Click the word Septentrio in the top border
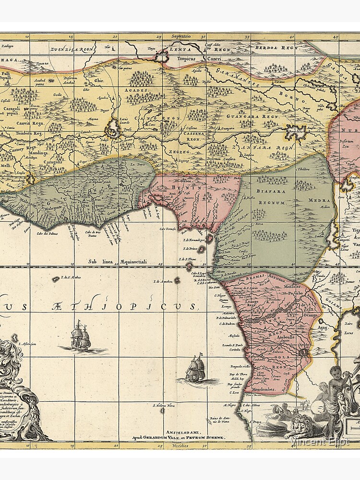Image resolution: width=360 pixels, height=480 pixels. [x=182, y=36]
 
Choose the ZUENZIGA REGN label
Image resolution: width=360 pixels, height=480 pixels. [x=72, y=48]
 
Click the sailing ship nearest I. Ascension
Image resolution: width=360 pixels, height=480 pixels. [x=80, y=336]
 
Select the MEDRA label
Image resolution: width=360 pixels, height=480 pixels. [x=319, y=201]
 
